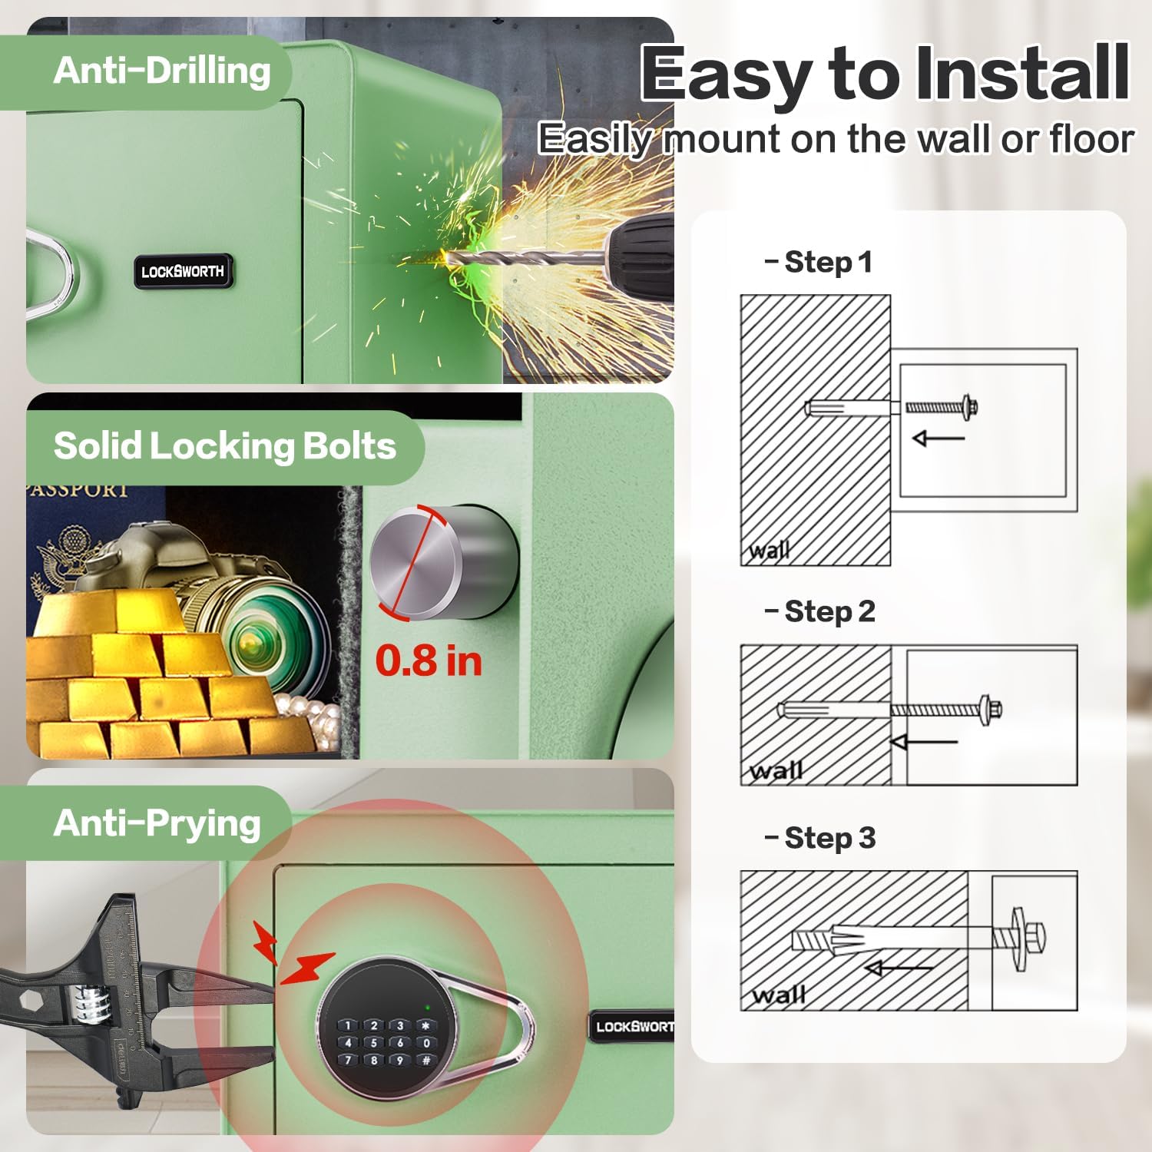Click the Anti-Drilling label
click(x=161, y=71)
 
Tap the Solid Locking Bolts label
click(x=224, y=446)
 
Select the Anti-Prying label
click(x=157, y=823)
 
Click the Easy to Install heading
click(x=884, y=74)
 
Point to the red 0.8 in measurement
click(x=429, y=660)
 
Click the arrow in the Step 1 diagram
click(x=938, y=439)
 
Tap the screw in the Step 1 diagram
click(x=941, y=406)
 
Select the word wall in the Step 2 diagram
click(x=776, y=770)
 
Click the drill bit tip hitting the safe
click(x=449, y=258)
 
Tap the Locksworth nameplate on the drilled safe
click(x=183, y=271)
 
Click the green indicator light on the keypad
click(x=426, y=1007)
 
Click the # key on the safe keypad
click(x=426, y=1061)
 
